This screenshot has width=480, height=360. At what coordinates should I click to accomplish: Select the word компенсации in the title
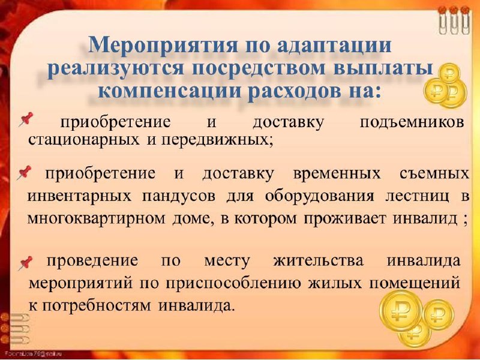170,91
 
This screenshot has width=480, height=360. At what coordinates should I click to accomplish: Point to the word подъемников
412,123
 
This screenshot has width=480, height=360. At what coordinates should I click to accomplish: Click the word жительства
319,261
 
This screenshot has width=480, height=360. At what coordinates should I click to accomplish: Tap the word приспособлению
234,283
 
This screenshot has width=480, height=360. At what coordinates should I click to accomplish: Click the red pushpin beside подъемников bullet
26,119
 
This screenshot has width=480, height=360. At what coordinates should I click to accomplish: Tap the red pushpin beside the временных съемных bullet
24,172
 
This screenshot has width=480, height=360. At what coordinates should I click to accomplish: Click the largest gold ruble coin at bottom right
401,311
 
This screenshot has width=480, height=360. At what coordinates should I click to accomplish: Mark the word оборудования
319,197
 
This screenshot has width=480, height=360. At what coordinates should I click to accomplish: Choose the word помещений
415,283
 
